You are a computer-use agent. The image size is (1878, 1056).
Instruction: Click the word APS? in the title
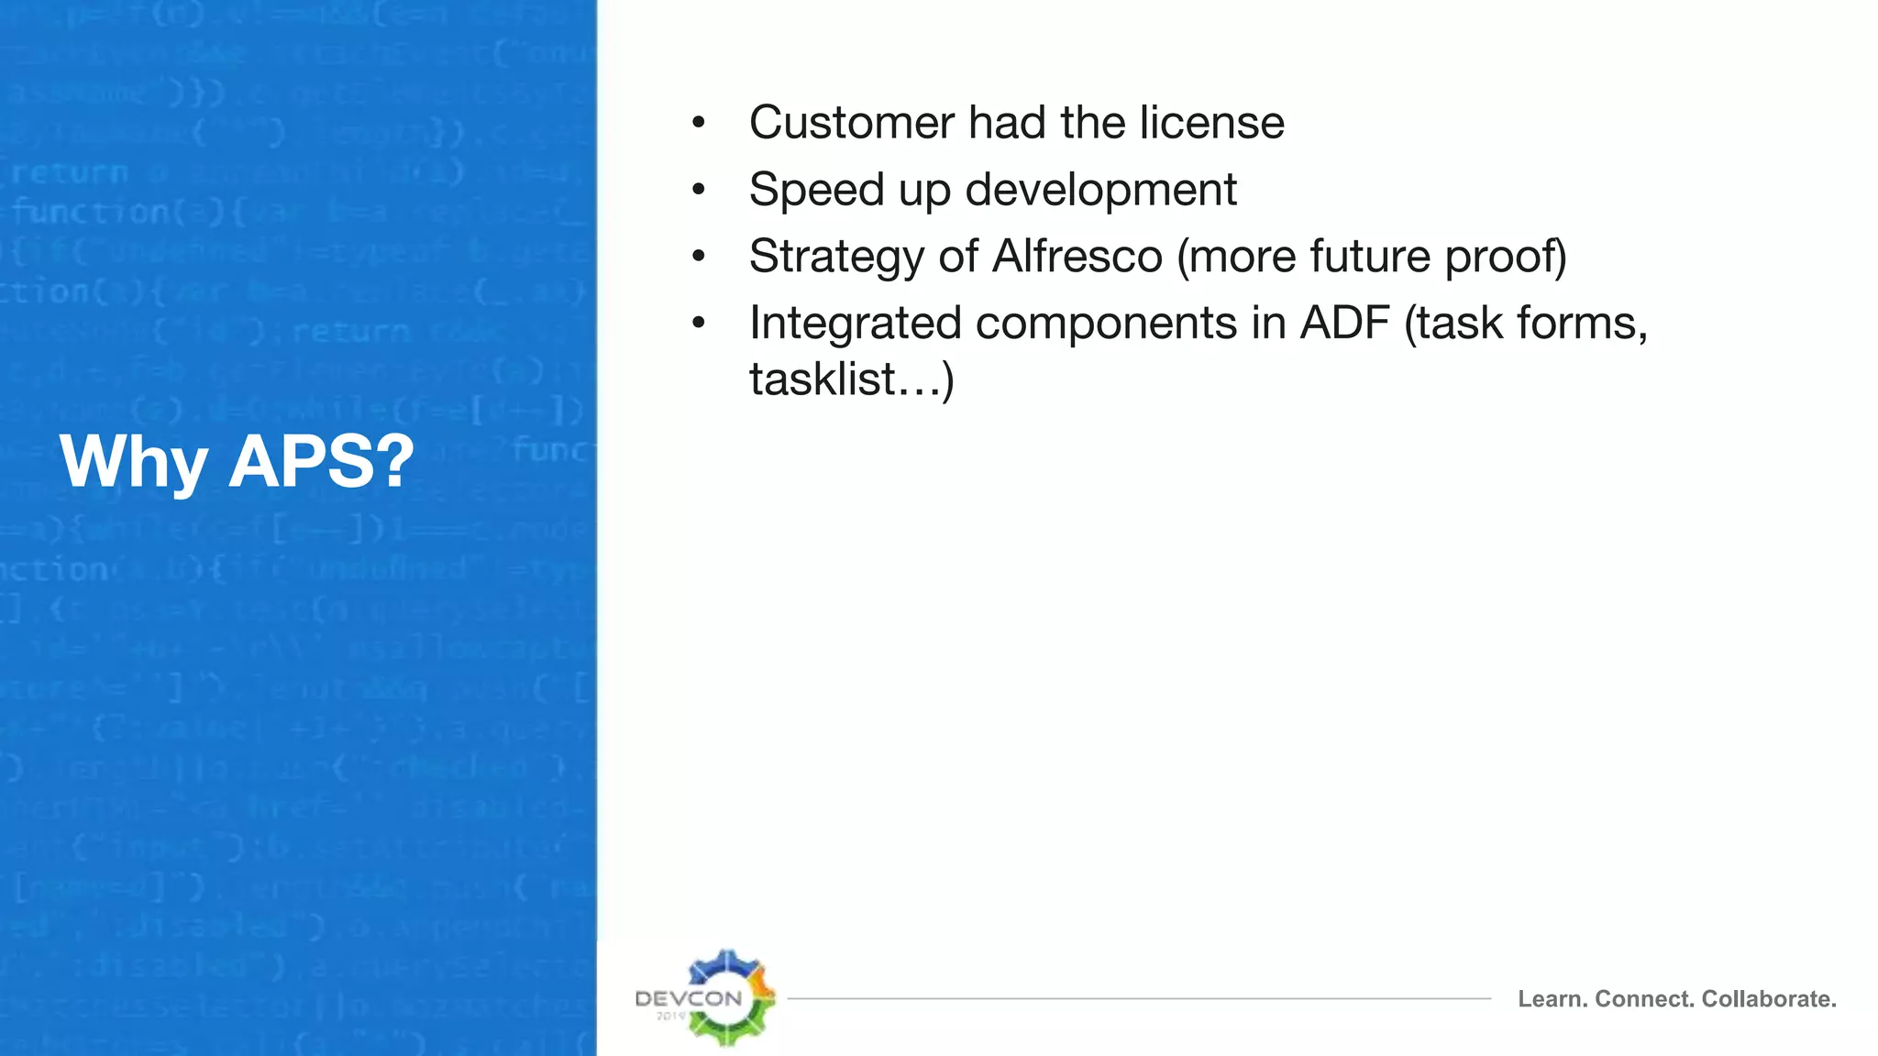click(321, 461)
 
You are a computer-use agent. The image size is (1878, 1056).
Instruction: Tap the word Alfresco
click(1077, 257)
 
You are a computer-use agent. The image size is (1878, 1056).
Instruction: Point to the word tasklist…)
click(851, 379)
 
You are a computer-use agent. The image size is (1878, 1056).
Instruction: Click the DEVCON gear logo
click(726, 998)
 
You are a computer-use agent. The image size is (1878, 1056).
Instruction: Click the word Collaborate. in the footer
click(1769, 999)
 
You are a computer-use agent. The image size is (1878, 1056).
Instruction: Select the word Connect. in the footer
click(1645, 999)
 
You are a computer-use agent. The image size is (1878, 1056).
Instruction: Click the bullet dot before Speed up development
click(699, 190)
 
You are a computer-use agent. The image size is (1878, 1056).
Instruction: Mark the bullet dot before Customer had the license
click(699, 123)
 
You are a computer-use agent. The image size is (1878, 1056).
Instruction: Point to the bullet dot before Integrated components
click(699, 323)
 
